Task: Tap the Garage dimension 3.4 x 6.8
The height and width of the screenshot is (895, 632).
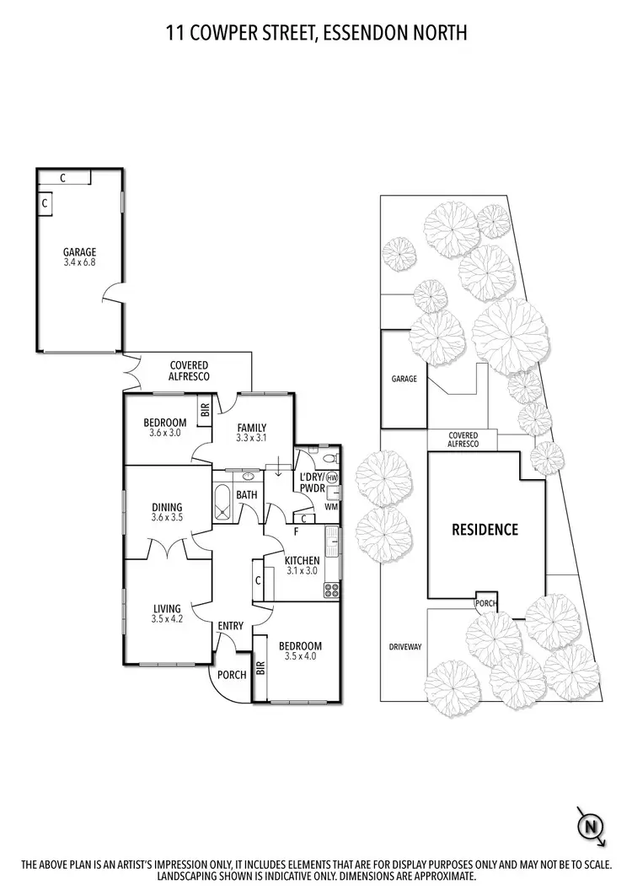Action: [x=79, y=262]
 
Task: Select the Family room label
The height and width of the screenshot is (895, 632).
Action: [x=251, y=427]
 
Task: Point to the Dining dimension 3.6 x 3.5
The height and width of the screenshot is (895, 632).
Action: [x=167, y=517]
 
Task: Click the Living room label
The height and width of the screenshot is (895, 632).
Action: [x=167, y=607]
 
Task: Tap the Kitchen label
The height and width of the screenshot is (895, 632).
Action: [x=302, y=560]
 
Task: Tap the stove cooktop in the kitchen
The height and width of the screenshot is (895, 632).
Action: [x=330, y=590]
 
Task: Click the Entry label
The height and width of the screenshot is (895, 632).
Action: [x=231, y=625]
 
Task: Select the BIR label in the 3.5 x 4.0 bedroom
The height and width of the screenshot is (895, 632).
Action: [x=260, y=669]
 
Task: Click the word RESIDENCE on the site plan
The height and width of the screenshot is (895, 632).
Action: [x=485, y=530]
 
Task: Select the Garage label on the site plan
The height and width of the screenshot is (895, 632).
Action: [x=404, y=379]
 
